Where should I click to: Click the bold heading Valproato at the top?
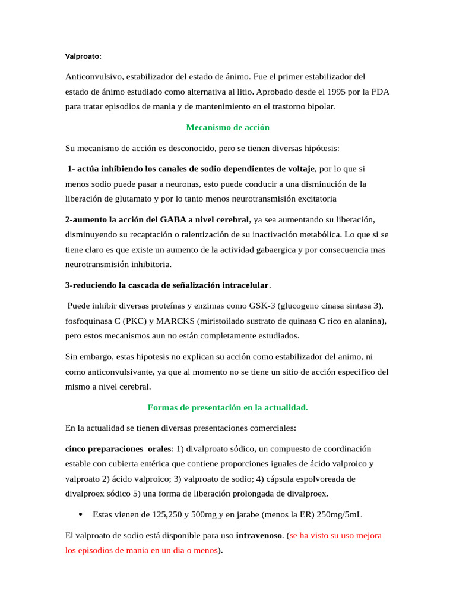pyautogui.click(x=82, y=56)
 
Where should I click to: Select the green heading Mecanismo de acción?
pyautogui.click(x=227, y=127)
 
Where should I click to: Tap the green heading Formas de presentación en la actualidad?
pyautogui.click(x=227, y=407)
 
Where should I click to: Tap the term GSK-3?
pyautogui.click(x=259, y=306)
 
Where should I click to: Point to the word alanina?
pyautogui.click(x=369, y=321)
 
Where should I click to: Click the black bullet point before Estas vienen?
pyautogui.click(x=80, y=514)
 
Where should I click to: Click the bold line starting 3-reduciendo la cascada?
pyautogui.click(x=167, y=285)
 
